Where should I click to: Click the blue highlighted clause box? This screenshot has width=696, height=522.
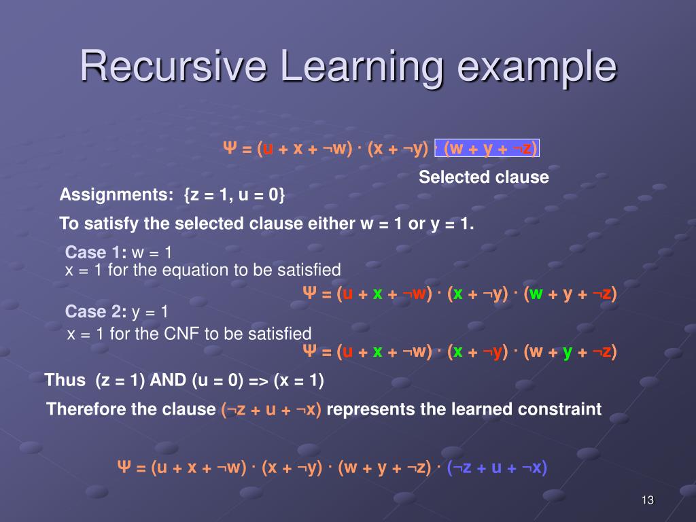pos(487,147)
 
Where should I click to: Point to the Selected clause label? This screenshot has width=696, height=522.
pos(484,177)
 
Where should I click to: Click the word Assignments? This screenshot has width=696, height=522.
pos(116,195)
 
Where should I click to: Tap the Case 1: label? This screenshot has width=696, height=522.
pos(96,252)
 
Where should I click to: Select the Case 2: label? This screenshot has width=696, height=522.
pos(96,311)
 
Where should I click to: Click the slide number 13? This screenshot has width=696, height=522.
pos(648,500)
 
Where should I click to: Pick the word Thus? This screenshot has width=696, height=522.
pos(65,381)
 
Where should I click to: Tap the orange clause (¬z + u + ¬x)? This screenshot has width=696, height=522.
pos(271,409)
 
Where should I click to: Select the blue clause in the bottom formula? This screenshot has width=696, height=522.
pos(497,468)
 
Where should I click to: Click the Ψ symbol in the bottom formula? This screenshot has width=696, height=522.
pos(124,467)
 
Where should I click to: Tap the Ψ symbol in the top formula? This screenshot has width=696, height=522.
pos(230,147)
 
